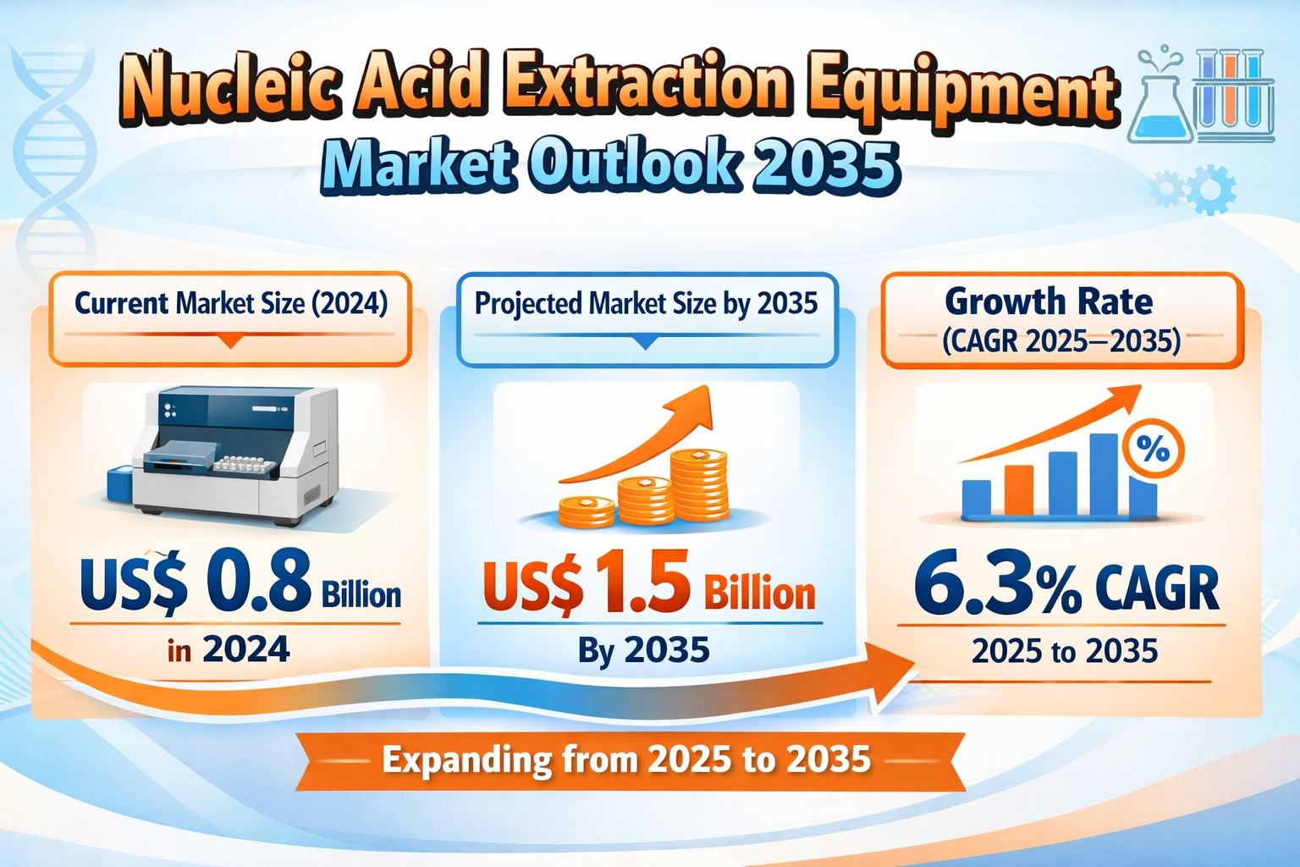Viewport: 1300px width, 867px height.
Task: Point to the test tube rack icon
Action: [1233, 93]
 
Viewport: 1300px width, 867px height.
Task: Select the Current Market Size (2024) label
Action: [231, 303]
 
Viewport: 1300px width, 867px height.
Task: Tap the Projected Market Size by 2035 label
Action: [646, 303]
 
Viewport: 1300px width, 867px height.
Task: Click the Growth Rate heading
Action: [1049, 301]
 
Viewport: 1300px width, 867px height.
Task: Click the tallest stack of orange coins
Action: [699, 484]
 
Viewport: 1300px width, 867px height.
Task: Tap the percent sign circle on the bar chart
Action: [1152, 450]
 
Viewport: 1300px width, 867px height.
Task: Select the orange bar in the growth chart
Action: [1018, 490]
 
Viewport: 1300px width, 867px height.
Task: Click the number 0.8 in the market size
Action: [259, 583]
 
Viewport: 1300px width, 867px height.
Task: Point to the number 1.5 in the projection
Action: [642, 583]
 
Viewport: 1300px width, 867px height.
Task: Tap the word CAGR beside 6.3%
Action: [1158, 588]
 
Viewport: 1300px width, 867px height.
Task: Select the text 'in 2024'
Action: [229, 650]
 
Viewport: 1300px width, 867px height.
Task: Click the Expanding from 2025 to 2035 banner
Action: [627, 760]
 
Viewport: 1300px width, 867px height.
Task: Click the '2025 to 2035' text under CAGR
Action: [1064, 651]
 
